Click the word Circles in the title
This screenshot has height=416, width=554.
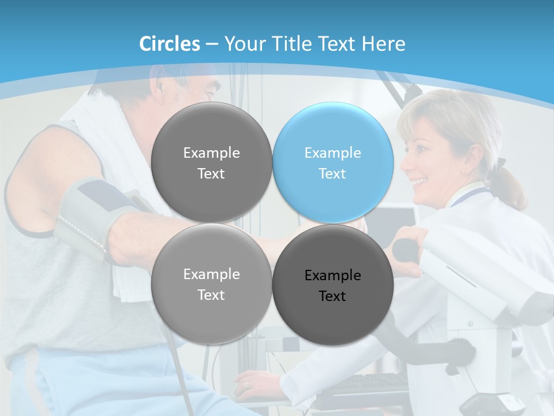170,44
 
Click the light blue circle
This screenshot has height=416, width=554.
333,162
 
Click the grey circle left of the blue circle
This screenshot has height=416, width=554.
211,162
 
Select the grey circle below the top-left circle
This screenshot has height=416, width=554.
211,284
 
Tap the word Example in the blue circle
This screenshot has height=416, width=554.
332,153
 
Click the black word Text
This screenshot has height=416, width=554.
332,296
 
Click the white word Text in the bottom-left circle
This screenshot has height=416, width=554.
211,295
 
